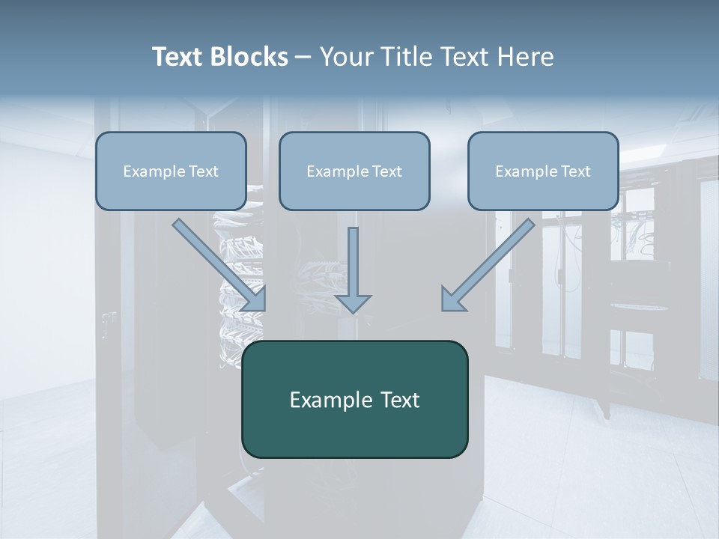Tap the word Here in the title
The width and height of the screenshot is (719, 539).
click(x=524, y=57)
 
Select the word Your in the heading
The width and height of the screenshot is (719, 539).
click(x=347, y=57)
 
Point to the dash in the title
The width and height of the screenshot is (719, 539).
click(x=303, y=57)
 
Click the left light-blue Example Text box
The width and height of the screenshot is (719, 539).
click(x=171, y=171)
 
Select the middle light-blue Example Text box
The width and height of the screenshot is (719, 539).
click(x=354, y=171)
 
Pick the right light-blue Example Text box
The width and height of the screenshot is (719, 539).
click(x=543, y=171)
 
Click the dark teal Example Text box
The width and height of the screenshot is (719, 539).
click(x=354, y=399)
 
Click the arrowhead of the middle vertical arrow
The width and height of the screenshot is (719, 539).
click(x=353, y=302)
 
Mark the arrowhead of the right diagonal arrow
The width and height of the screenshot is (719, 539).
click(x=452, y=299)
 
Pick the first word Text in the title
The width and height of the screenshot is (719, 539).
click(x=177, y=57)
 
